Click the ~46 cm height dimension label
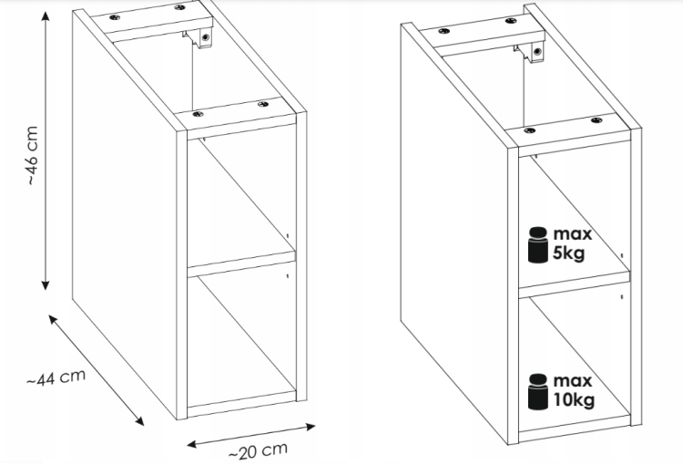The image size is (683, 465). click(x=33, y=155)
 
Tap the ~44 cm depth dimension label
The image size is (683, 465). click(x=56, y=377)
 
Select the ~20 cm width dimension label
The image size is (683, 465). click(x=258, y=451)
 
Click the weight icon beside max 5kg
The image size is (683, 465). click(x=538, y=244)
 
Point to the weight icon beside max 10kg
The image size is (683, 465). click(x=538, y=391)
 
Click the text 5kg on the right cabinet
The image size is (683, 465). click(x=568, y=253)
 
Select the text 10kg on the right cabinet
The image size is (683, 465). click(x=574, y=400)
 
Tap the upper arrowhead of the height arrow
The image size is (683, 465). click(x=46, y=16)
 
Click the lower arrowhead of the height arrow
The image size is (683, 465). click(x=46, y=285)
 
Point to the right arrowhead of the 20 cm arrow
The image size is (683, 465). click(x=311, y=427)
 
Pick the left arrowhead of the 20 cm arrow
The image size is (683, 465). click(x=192, y=444)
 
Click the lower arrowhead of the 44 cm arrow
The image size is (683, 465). click(x=139, y=421)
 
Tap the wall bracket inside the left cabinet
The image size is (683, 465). click(x=200, y=38)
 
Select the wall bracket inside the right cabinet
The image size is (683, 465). click(x=530, y=52)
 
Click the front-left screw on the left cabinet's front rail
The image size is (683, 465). click(x=198, y=114)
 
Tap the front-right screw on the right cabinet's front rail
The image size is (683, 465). click(x=596, y=120)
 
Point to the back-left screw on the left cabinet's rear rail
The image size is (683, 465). click(x=115, y=17)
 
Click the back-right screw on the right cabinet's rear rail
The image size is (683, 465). click(x=511, y=21)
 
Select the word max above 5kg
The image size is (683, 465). click(x=573, y=234)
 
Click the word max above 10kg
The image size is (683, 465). click(x=573, y=381)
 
